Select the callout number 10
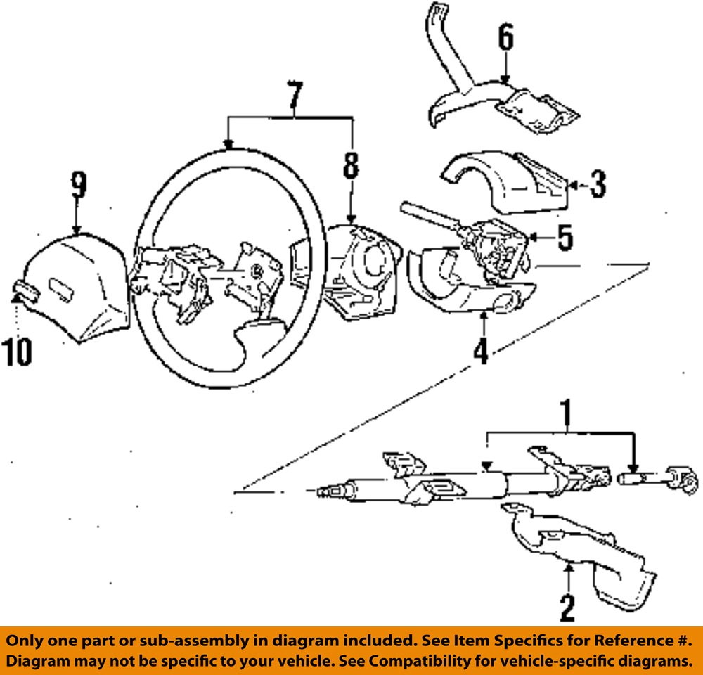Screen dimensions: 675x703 [x=16, y=352]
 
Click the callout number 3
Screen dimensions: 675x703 [x=596, y=184]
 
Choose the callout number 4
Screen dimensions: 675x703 [x=481, y=349]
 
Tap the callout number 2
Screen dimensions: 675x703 [x=567, y=607]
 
